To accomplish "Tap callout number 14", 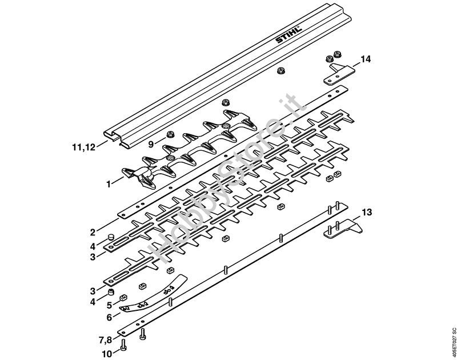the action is point(366,59).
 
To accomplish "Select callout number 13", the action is point(367,212).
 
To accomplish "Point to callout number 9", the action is point(151,144).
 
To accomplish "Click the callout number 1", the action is point(109,184).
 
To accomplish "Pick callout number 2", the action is point(93,233).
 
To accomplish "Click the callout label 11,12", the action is point(83,147).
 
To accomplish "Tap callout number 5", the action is point(109,305).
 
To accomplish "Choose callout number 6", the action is point(109,318).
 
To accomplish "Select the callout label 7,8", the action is point(105,340).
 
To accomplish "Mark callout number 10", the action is point(107,354).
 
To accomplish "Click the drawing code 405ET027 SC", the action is point(452,344).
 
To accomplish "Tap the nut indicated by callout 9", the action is point(169,135).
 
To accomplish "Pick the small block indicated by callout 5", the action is point(123,298).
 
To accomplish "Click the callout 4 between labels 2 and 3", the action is point(93,247).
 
